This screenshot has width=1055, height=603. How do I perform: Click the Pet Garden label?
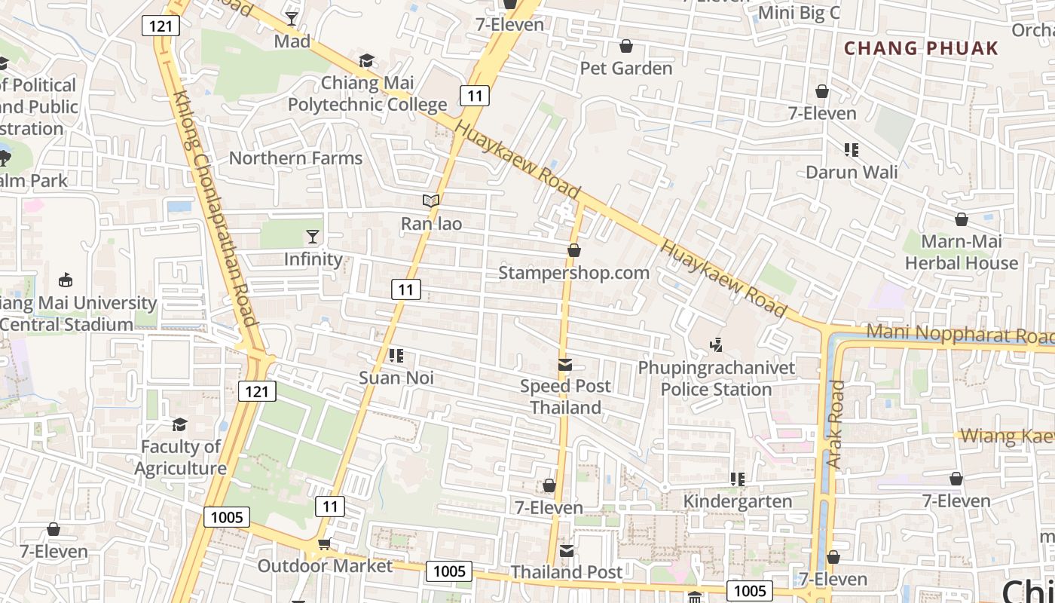click(625, 69)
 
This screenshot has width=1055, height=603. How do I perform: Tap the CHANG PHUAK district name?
click(921, 49)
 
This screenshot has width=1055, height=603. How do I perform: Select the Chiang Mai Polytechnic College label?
click(367, 93)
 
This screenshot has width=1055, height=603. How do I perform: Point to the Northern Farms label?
click(295, 158)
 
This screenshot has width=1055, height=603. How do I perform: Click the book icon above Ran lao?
click(431, 201)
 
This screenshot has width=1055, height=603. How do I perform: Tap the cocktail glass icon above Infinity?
click(313, 237)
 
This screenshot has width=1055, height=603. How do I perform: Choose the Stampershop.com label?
click(573, 273)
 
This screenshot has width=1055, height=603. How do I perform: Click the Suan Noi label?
click(396, 378)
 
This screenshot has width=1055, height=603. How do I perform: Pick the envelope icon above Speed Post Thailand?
click(564, 366)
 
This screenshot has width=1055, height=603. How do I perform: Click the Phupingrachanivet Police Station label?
click(716, 378)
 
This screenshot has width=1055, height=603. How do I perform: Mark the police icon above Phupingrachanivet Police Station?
click(716, 345)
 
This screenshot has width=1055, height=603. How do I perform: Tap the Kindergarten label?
click(737, 501)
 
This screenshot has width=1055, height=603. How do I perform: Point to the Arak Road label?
click(835, 424)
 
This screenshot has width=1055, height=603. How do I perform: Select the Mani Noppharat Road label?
click(959, 333)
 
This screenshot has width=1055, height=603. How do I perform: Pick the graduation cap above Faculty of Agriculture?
click(179, 425)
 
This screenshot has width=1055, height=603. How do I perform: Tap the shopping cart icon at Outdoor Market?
click(325, 544)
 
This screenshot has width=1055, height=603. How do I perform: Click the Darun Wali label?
click(852, 173)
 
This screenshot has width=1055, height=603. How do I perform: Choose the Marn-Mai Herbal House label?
click(962, 253)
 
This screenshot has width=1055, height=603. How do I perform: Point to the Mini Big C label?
click(799, 13)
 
